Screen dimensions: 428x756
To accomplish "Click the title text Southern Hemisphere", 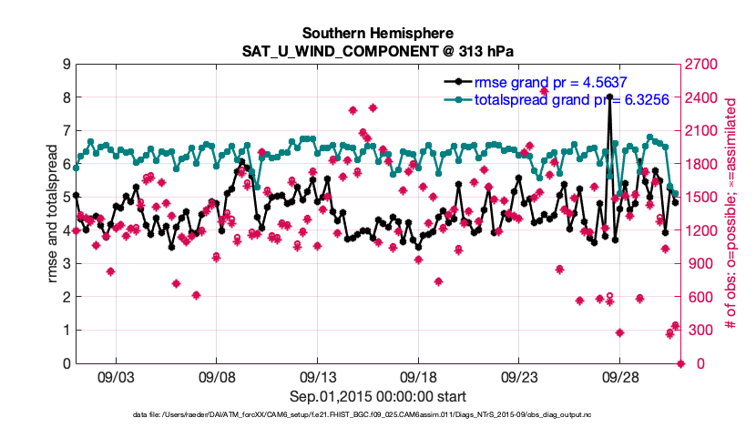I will [x=378, y=30].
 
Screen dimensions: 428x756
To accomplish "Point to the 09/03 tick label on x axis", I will [x=117, y=375].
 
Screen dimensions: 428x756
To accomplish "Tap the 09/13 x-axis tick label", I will [x=318, y=375].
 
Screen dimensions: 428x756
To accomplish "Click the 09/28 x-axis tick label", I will [x=620, y=375].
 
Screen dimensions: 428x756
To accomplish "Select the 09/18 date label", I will [x=419, y=375].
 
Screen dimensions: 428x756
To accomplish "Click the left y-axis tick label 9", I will [x=66, y=64].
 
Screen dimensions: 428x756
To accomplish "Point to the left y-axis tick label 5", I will [x=66, y=197].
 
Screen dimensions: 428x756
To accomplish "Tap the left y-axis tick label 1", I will [x=66, y=331].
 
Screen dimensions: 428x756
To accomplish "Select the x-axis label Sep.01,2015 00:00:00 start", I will [x=378, y=396].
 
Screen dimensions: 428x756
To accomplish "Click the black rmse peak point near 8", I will [x=609, y=97].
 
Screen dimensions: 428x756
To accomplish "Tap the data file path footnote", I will [x=378, y=415].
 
